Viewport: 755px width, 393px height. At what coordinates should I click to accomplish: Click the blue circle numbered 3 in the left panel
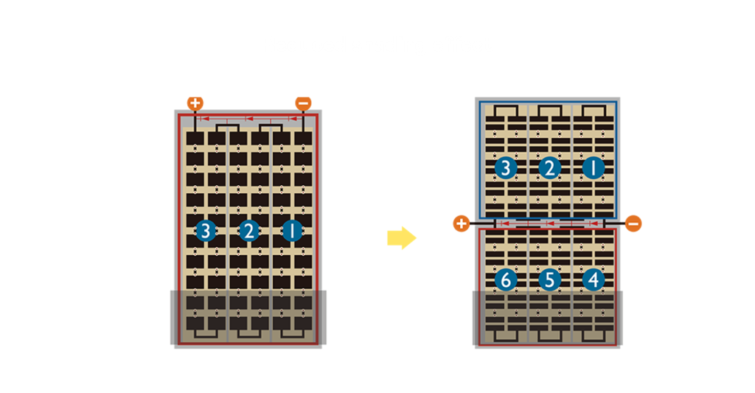[206, 231]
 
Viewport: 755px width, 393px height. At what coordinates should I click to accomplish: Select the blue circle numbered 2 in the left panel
[249, 231]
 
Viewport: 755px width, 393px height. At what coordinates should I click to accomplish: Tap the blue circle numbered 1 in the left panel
[292, 231]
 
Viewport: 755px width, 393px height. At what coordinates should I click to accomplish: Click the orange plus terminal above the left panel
[195, 102]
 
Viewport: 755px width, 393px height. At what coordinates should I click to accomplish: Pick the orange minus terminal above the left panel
[303, 102]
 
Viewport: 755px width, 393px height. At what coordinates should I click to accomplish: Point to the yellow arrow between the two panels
[402, 237]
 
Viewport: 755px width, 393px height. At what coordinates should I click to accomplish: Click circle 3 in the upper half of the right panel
[506, 168]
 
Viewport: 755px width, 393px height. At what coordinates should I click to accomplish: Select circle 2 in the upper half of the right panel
[549, 168]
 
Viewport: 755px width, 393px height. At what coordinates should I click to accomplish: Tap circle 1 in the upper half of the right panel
[594, 168]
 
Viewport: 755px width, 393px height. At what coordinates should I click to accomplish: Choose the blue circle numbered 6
[506, 280]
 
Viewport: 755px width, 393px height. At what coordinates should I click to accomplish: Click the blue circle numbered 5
[549, 280]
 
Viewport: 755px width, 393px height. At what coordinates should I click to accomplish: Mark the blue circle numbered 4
[594, 280]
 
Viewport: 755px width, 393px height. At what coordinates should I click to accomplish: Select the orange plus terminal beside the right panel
[462, 223]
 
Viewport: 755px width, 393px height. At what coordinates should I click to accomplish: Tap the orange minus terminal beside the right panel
[633, 223]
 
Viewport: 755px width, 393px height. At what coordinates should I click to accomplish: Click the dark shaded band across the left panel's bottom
[248, 317]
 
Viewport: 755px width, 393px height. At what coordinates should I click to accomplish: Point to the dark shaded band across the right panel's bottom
[548, 318]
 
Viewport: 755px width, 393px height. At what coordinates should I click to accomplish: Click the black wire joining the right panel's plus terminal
[482, 223]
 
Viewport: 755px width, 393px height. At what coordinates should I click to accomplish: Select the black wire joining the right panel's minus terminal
[614, 223]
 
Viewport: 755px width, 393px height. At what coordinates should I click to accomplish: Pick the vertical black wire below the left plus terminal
[195, 120]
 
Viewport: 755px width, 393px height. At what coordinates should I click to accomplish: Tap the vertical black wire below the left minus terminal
[303, 120]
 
